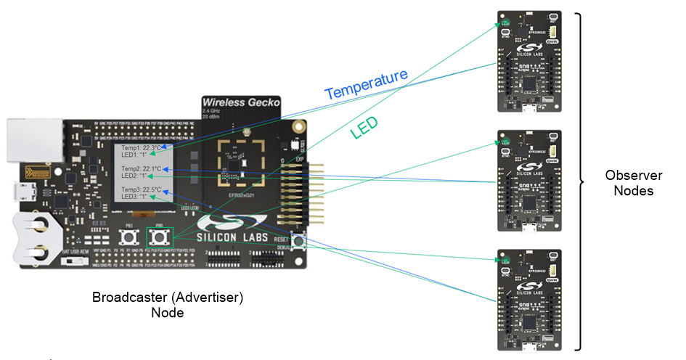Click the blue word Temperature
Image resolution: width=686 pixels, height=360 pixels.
(x=366, y=84)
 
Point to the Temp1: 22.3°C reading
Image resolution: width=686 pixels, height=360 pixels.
(x=142, y=148)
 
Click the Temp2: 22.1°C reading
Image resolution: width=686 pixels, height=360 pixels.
(x=142, y=168)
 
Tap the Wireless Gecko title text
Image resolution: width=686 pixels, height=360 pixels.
(x=241, y=102)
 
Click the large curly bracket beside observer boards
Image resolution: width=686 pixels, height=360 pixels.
(x=580, y=181)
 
